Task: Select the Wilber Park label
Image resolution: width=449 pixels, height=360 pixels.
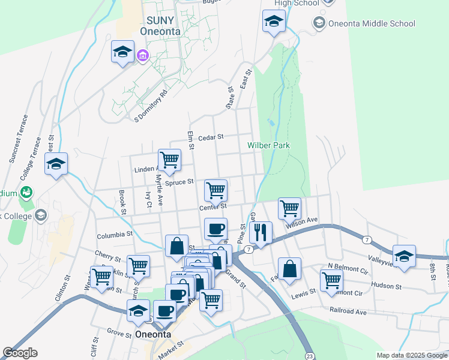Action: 268,145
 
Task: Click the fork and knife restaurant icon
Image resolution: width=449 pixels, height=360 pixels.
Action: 261,232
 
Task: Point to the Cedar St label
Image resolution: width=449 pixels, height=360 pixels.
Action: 210,137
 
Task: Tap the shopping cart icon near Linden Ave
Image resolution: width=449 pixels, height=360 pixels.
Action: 170,160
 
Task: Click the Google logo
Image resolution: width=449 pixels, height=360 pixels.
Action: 20,353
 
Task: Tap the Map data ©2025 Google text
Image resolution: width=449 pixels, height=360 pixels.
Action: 412,355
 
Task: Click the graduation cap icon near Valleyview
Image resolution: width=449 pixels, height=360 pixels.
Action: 405,255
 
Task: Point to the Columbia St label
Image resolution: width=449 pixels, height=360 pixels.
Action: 113,234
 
